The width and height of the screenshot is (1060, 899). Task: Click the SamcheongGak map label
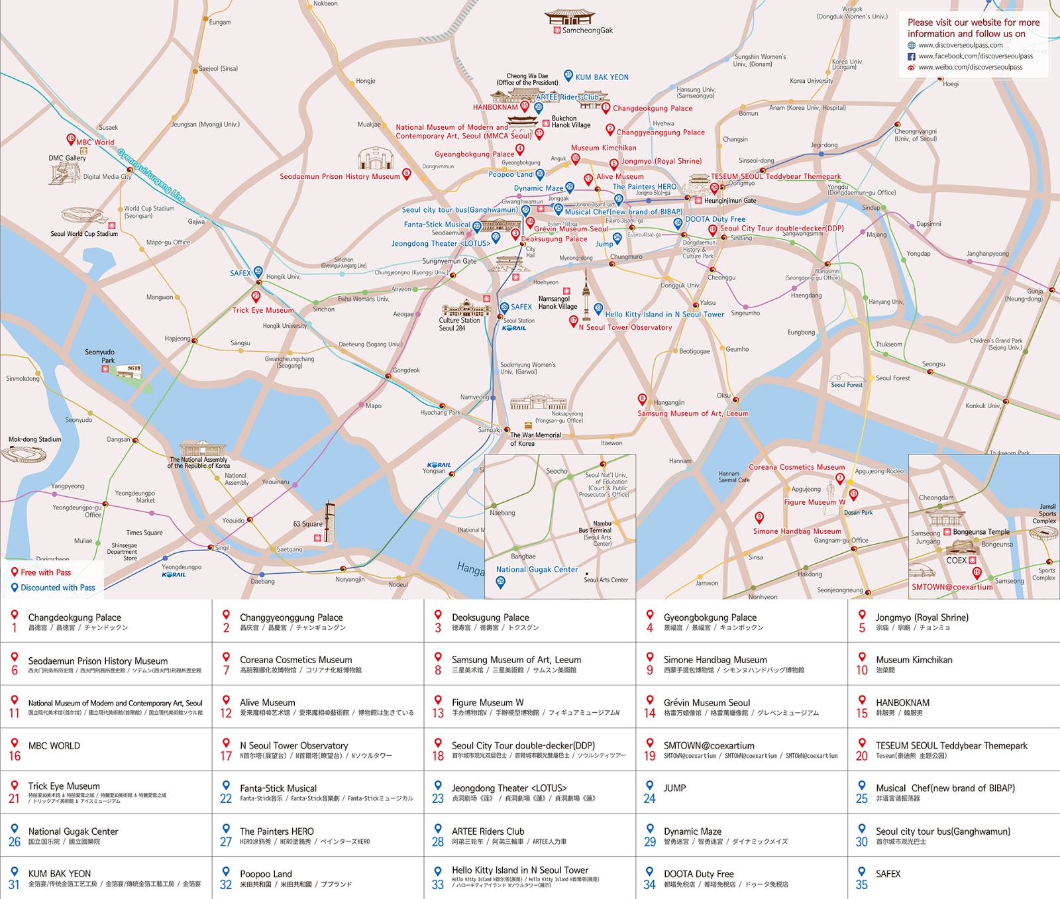click(587, 30)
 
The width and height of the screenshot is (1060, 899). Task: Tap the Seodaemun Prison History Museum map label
click(339, 177)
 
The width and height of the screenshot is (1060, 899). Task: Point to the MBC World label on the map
click(95, 142)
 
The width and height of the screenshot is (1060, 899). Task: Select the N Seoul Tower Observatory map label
click(625, 327)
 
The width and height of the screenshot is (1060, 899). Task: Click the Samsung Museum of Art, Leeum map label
click(692, 413)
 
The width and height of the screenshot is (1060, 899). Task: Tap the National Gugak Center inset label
click(537, 569)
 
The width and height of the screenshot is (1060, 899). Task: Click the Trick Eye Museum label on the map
click(262, 310)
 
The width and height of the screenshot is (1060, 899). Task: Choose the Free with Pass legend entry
click(45, 572)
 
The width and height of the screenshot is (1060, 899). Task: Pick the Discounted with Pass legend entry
click(57, 588)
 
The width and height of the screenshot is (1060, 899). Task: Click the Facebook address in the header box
click(975, 56)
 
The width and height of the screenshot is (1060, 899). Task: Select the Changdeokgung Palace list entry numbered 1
click(74, 617)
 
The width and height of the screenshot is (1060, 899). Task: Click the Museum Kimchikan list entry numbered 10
click(914, 660)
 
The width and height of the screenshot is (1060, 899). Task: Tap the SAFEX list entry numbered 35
click(888, 874)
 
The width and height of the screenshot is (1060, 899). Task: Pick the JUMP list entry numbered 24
click(674, 788)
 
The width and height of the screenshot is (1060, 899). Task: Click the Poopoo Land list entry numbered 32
click(266, 874)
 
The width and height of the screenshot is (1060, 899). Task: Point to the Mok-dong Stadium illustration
click(24, 454)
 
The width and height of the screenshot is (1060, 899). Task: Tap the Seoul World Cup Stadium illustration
click(83, 217)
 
